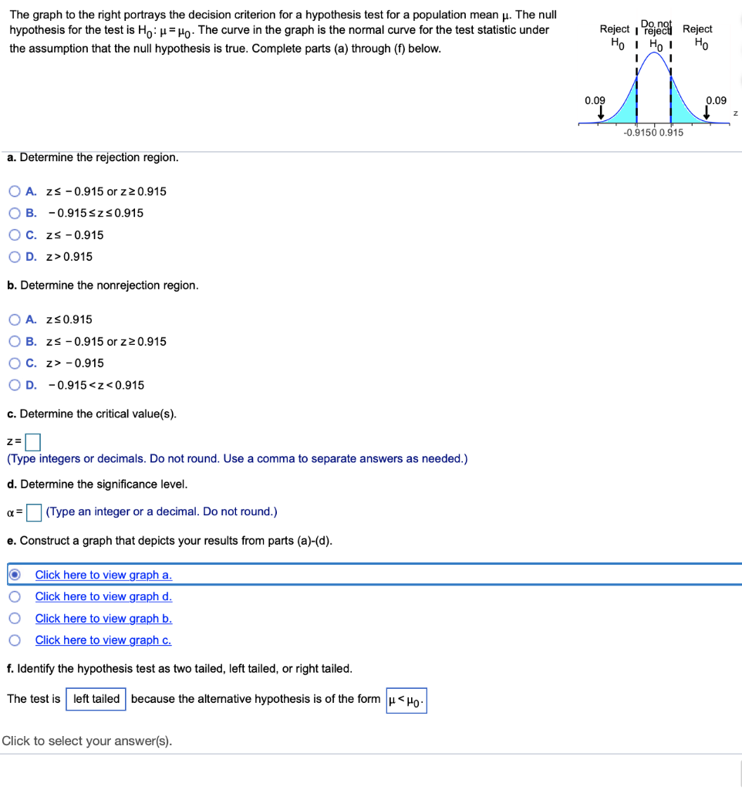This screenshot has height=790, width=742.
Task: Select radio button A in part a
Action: (15, 191)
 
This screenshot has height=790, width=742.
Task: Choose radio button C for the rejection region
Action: (15, 235)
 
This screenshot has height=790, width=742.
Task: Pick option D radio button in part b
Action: (15, 385)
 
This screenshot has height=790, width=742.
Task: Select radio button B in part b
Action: (15, 342)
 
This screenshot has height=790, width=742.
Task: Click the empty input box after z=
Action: (32, 442)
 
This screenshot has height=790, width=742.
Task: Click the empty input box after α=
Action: (33, 512)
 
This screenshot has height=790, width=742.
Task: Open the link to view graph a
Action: (103, 575)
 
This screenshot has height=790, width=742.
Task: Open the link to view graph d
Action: (103, 596)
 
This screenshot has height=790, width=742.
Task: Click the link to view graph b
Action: (103, 619)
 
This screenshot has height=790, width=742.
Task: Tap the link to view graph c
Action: (103, 640)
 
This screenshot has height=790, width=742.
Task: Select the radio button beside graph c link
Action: (15, 640)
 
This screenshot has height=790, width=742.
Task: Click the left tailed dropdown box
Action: (96, 699)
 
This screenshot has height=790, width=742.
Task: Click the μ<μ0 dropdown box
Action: (406, 700)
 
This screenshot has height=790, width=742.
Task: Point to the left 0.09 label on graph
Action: (595, 100)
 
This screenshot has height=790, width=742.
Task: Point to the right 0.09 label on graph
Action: (716, 100)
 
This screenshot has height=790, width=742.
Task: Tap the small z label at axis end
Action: (735, 113)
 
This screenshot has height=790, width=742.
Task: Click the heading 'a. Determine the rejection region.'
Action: (93, 157)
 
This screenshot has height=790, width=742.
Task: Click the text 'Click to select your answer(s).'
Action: (87, 741)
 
